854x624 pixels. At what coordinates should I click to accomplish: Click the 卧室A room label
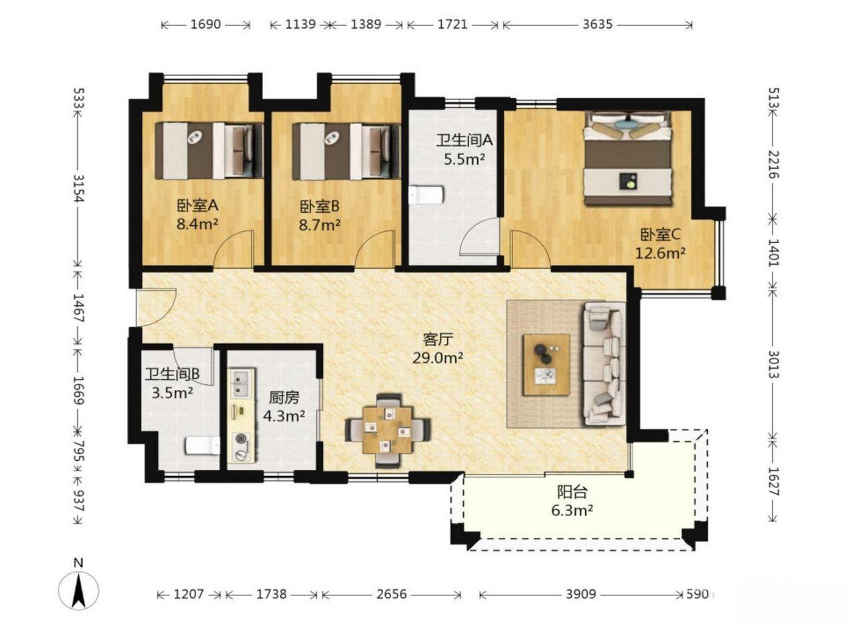click(x=197, y=206)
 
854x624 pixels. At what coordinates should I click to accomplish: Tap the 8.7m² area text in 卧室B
click(x=320, y=225)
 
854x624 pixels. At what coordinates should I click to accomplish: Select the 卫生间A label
click(x=464, y=140)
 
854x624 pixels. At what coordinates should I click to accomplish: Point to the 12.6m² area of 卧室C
click(x=661, y=253)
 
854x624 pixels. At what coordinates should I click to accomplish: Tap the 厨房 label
click(x=284, y=398)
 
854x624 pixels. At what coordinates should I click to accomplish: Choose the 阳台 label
click(x=572, y=492)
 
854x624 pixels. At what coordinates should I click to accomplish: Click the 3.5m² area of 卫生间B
click(x=172, y=393)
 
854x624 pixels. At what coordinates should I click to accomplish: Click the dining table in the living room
click(x=388, y=430)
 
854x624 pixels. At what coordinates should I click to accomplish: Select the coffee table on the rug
click(x=546, y=365)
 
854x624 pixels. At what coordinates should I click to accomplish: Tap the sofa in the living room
click(x=605, y=363)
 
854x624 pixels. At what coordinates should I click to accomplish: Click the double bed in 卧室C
click(x=628, y=158)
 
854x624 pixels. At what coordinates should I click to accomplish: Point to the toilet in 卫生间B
click(x=202, y=446)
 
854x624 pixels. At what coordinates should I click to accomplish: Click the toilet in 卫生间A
click(x=426, y=195)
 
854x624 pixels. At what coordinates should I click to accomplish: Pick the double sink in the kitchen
click(x=242, y=383)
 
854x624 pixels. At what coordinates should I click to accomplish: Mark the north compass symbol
click(x=79, y=586)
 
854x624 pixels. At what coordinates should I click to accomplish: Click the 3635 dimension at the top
click(x=597, y=25)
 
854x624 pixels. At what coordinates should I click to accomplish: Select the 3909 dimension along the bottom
click(x=580, y=594)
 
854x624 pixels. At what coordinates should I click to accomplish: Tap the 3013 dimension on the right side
click(x=773, y=364)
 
